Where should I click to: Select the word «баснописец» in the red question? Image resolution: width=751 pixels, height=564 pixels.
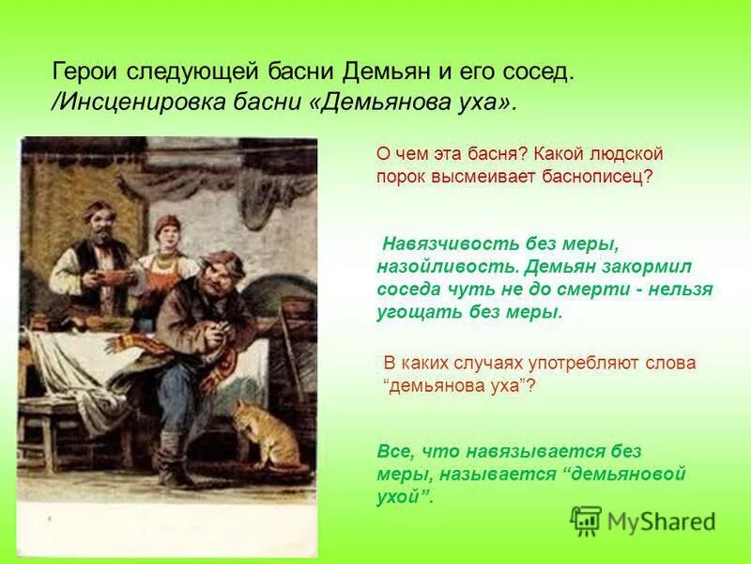pyautogui.click(x=596, y=177)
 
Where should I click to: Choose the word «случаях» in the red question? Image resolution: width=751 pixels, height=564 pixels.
pyautogui.click(x=490, y=363)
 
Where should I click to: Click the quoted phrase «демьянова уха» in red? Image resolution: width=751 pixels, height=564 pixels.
pyautogui.click(x=459, y=385)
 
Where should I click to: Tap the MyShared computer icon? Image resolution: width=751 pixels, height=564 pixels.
pyautogui.click(x=586, y=520)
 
